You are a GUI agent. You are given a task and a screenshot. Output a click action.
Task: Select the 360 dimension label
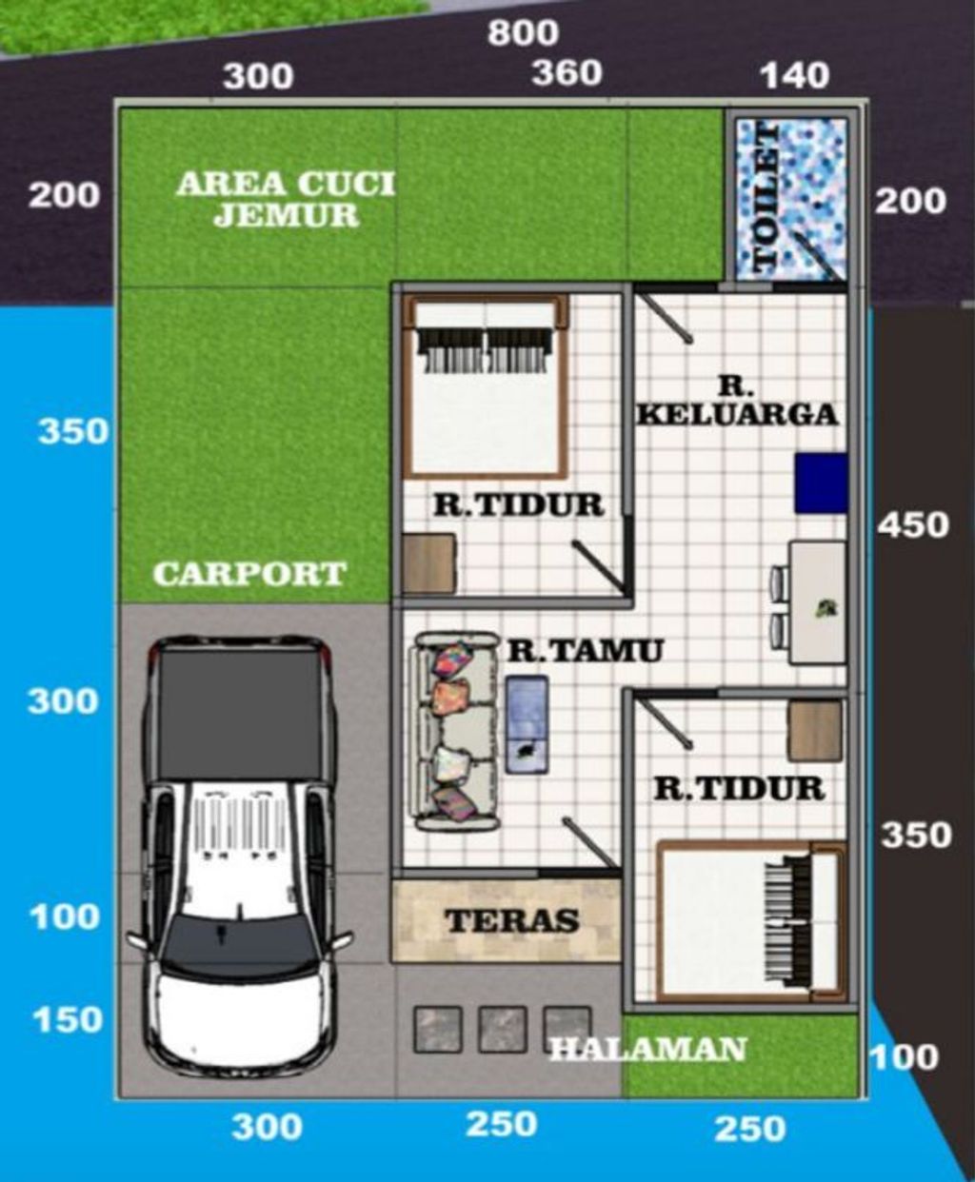click(567, 73)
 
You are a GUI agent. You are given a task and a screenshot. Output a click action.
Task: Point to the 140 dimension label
click(795, 76)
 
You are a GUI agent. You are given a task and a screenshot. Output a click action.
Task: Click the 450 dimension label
click(913, 524)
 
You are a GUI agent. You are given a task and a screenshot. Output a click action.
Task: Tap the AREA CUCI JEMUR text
click(286, 200)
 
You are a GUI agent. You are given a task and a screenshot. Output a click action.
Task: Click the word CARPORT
click(249, 574)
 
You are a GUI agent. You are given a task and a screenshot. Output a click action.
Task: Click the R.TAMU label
click(585, 650)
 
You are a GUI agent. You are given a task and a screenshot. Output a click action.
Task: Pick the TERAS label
click(511, 920)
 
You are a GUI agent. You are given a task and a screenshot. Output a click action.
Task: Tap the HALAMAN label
click(648, 1049)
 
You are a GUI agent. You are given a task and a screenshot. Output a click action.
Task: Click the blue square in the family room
click(821, 483)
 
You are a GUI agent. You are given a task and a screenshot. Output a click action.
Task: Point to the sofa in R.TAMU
click(457, 732)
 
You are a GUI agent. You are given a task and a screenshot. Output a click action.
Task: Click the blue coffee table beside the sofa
click(527, 724)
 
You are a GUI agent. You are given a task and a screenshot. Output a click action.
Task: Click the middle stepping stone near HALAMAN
click(503, 1029)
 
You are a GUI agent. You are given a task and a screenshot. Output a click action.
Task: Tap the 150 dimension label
click(68, 1019)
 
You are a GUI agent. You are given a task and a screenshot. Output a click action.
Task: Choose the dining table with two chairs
click(808, 602)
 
